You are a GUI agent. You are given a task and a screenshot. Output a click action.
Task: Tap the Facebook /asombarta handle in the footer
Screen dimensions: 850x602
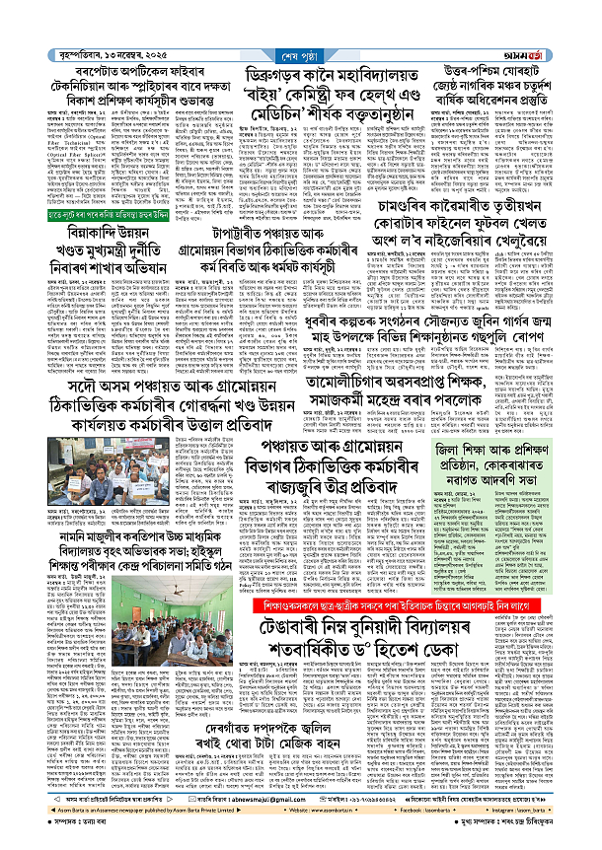411,827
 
